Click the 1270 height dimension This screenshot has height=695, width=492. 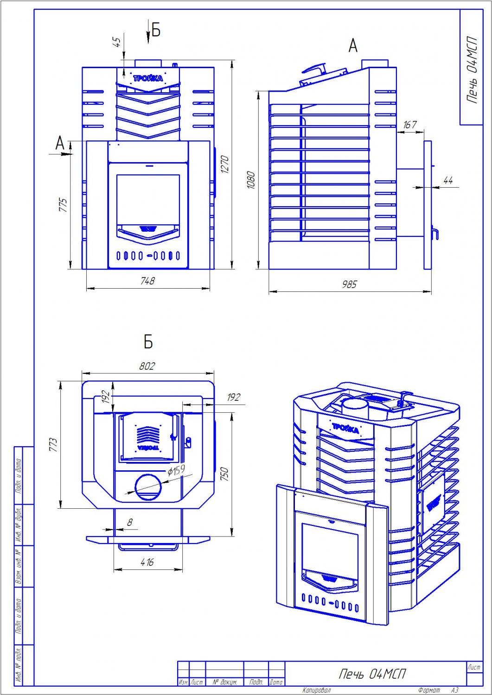point(224,165)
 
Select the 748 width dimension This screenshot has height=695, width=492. point(147,281)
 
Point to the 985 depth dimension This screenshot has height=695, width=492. point(349,284)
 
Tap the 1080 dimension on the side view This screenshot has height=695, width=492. point(251,180)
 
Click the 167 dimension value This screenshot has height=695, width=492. point(410,125)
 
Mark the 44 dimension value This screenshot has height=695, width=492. point(447,181)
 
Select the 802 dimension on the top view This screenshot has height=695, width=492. point(147,366)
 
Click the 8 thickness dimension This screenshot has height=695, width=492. point(130,522)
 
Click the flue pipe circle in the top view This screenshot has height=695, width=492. point(149,487)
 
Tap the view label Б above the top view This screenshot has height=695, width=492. point(148,342)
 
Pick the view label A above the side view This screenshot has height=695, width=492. point(353,46)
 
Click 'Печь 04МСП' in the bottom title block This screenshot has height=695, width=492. point(372,674)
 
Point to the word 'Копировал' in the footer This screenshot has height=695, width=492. point(316,690)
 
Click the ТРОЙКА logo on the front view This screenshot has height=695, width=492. point(148,78)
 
